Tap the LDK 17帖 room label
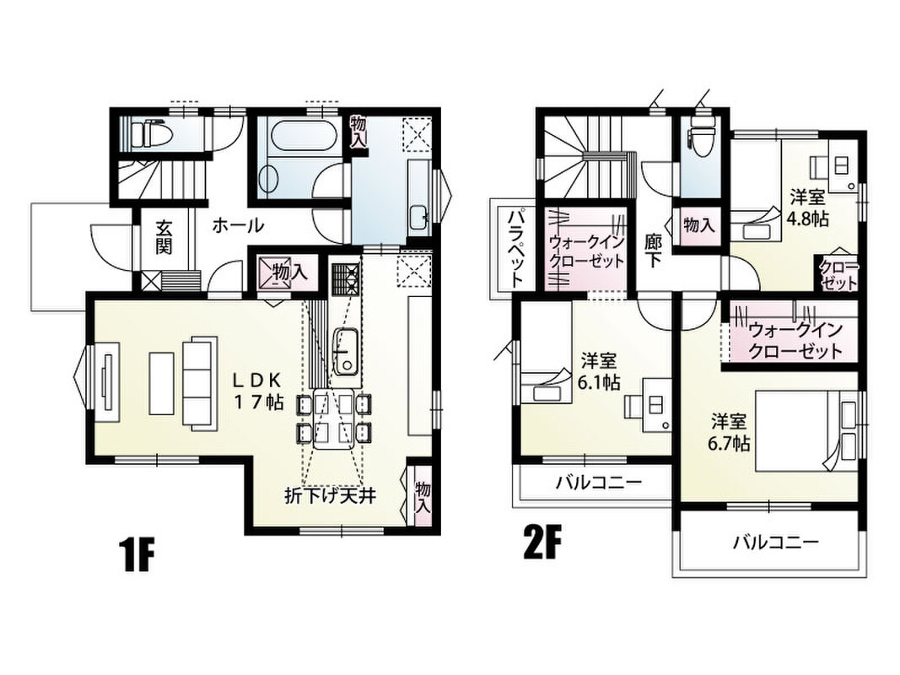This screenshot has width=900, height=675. tap(258, 391)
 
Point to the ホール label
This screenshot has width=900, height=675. tap(238, 225)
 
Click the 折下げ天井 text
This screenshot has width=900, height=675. tap(331, 494)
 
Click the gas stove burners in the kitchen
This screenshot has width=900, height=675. tap(346, 278)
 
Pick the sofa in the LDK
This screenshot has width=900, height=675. tap(200, 383)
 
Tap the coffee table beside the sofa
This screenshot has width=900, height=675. tap(161, 383)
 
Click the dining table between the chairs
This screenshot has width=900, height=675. tap(333, 419)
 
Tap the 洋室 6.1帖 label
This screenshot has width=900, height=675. tap(599, 372)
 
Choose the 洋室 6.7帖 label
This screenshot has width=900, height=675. tap(730, 432)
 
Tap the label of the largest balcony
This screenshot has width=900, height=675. tap(775, 542)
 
